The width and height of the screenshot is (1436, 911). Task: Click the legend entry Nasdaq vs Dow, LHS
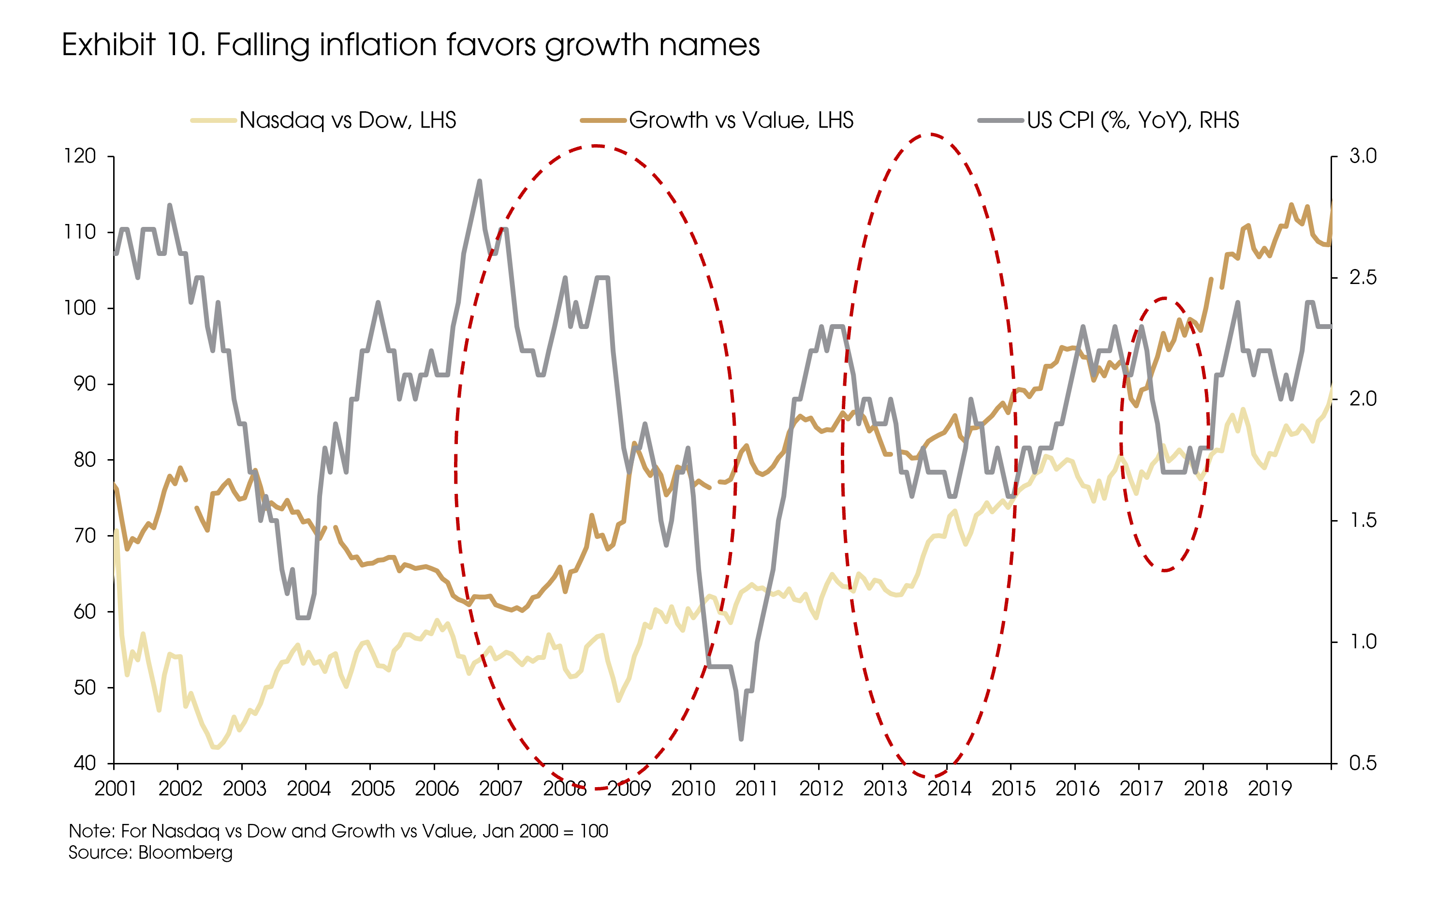coord(348,120)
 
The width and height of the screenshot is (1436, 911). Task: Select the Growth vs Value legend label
coord(741,120)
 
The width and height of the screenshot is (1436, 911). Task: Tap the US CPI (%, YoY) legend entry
coord(1132,120)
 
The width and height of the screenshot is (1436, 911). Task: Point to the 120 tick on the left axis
coord(81,156)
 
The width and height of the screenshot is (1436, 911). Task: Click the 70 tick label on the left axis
coord(84,536)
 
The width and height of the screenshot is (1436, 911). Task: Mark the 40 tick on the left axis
coord(84,763)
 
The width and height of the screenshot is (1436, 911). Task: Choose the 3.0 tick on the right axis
coord(1363,156)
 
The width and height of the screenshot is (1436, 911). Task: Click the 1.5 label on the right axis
coord(1363,520)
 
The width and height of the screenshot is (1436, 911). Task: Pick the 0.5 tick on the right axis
coord(1363,763)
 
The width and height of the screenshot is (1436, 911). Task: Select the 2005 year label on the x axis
coord(373,789)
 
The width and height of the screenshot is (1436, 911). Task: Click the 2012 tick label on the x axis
coord(821,789)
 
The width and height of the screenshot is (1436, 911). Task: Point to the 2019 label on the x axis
coord(1270,789)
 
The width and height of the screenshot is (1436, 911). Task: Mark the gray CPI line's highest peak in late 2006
coord(480,181)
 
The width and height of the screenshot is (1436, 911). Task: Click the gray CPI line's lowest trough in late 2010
coord(741,739)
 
